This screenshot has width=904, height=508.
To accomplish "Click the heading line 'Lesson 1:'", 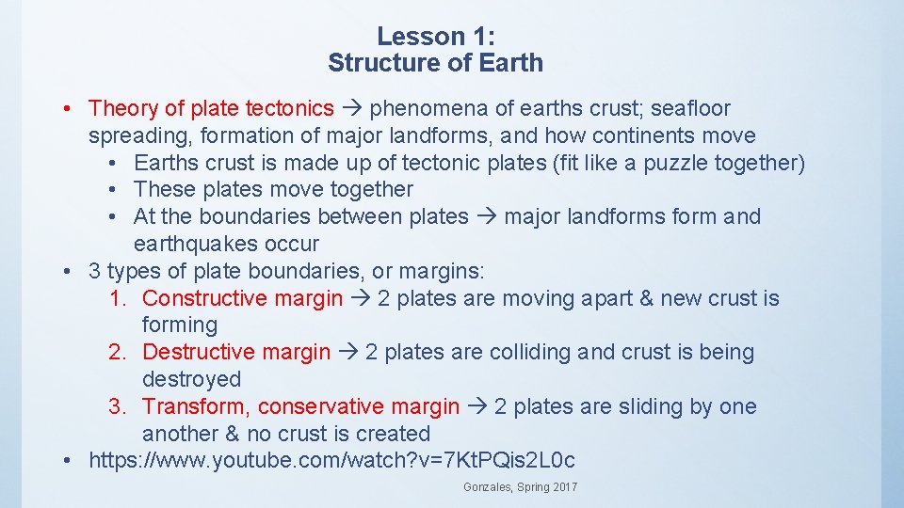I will (x=435, y=37).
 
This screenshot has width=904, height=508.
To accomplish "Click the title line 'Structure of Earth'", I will (x=435, y=63).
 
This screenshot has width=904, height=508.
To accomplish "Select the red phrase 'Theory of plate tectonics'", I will (x=211, y=109).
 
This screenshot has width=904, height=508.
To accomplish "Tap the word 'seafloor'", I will (x=690, y=109).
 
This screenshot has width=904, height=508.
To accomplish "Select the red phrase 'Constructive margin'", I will (x=243, y=298).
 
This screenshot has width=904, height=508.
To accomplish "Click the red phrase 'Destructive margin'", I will (x=236, y=353).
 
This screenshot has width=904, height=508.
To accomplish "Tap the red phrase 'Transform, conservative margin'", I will (x=301, y=406).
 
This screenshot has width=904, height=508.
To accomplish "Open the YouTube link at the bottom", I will (x=331, y=461).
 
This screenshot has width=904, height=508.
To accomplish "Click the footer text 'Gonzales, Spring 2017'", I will (x=521, y=487).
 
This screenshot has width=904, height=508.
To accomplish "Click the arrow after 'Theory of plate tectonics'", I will (x=351, y=109).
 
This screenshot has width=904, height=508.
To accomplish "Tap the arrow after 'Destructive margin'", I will (x=347, y=353).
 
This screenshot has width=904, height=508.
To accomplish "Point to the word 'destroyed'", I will (x=191, y=379).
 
